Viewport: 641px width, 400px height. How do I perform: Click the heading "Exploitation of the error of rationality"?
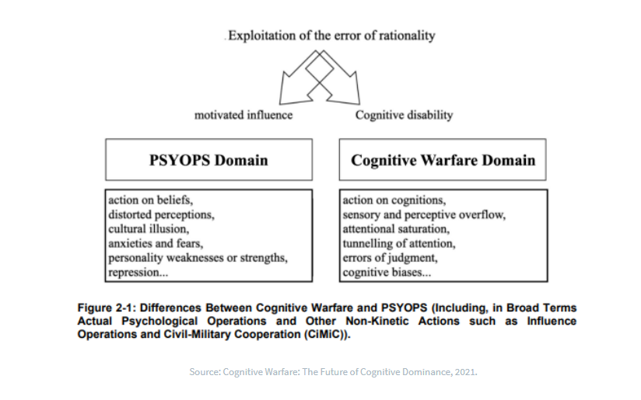330,35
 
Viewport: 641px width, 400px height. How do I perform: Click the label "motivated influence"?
243,115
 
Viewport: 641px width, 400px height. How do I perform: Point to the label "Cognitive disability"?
404,115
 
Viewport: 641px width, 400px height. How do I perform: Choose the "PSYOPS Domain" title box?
208,160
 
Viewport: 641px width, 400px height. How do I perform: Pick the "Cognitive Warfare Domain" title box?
443,160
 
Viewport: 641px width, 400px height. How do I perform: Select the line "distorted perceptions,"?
161,214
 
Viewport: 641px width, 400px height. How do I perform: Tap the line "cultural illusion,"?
149,229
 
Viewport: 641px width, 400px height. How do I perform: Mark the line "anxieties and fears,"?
155,243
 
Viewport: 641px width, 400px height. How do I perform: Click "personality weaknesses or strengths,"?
198,258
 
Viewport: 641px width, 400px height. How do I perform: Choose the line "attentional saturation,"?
395,229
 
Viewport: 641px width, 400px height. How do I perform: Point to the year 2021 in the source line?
463,371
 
